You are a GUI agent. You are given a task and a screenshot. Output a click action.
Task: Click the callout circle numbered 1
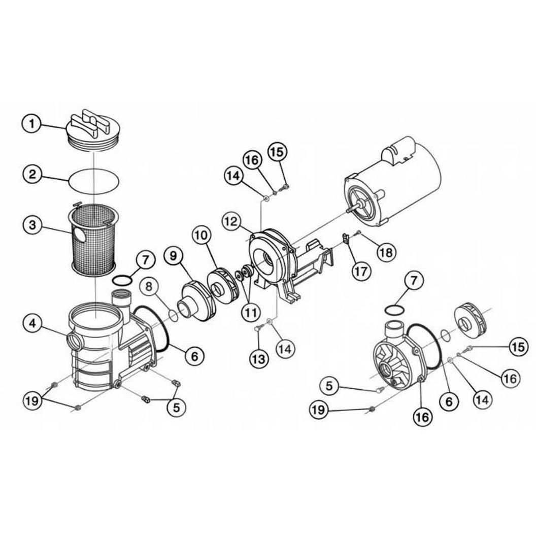click(x=32, y=124)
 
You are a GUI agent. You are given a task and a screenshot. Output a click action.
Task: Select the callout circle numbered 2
click(x=32, y=174)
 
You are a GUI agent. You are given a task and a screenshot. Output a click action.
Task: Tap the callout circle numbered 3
click(x=32, y=225)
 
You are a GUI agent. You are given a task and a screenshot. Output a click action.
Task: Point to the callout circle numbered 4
click(x=32, y=323)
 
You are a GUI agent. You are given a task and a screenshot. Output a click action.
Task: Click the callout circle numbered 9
click(x=174, y=256)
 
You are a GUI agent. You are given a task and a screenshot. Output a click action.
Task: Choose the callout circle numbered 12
click(x=231, y=221)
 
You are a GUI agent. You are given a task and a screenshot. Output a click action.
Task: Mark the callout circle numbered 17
click(x=361, y=271)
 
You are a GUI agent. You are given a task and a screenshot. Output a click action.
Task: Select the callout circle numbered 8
click(x=149, y=286)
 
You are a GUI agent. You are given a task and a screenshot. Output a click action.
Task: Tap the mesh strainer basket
click(x=94, y=238)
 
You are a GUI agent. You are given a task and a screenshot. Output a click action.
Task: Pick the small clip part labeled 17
click(x=346, y=238)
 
